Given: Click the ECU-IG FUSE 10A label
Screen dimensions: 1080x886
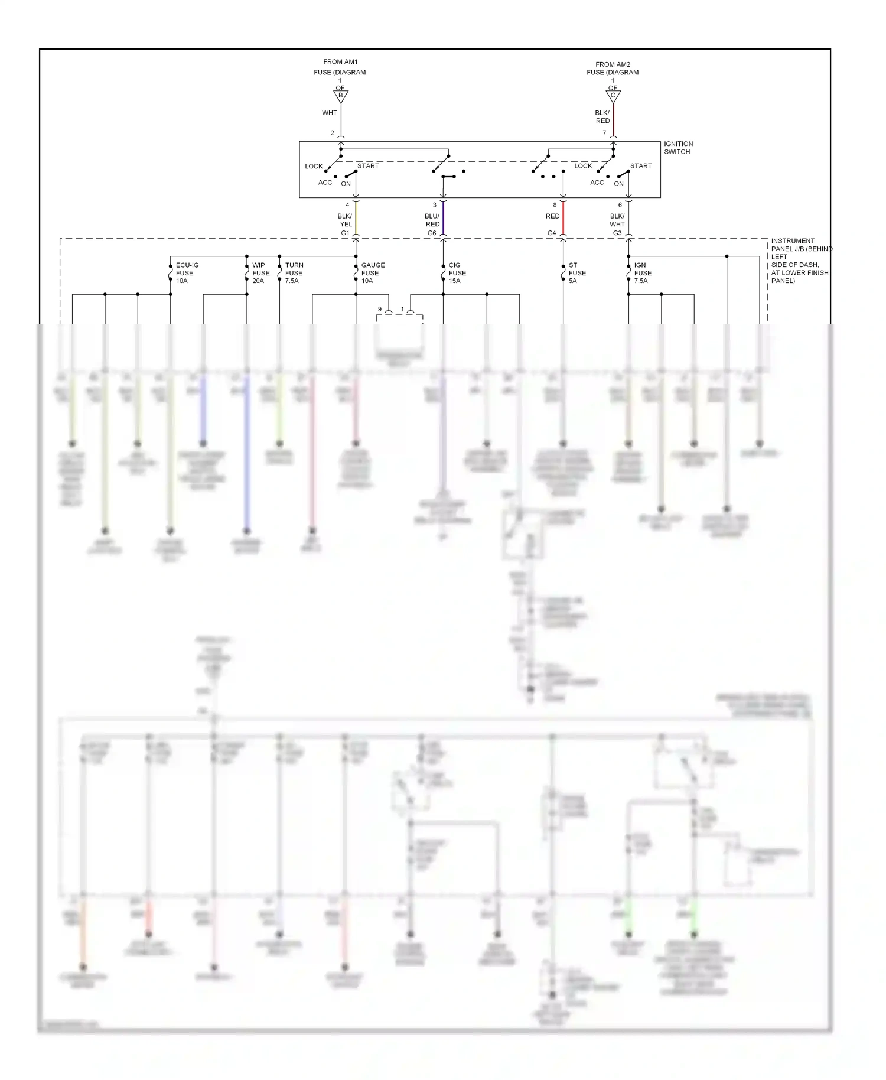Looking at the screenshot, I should (x=187, y=273).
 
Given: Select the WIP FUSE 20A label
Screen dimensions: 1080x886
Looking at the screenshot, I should (x=260, y=273).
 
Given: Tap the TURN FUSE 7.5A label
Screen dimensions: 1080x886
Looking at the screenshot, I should (x=294, y=273).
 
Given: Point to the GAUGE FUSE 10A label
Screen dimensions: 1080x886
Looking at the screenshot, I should (x=372, y=273).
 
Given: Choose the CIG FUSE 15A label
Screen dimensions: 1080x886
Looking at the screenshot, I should (x=457, y=273).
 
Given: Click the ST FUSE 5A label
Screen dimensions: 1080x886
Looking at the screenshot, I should (x=576, y=273).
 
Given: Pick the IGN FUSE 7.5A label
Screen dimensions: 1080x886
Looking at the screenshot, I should (x=642, y=273).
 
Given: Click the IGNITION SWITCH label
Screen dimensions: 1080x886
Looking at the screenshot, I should (x=678, y=148).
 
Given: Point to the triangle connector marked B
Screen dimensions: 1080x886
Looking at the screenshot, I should (x=341, y=96).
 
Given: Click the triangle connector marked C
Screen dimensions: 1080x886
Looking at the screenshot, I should (x=613, y=96).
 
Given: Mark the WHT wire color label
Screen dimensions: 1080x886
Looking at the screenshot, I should (x=330, y=113).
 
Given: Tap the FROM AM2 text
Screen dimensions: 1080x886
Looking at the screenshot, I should (x=613, y=64).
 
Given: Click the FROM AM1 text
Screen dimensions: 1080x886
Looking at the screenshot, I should (x=340, y=62).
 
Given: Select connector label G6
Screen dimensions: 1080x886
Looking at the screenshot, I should (x=432, y=233).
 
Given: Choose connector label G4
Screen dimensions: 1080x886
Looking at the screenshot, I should (x=551, y=233).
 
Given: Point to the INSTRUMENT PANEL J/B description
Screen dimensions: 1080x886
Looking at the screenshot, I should (x=800, y=261).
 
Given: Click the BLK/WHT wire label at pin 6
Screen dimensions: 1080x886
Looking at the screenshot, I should (x=617, y=220).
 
